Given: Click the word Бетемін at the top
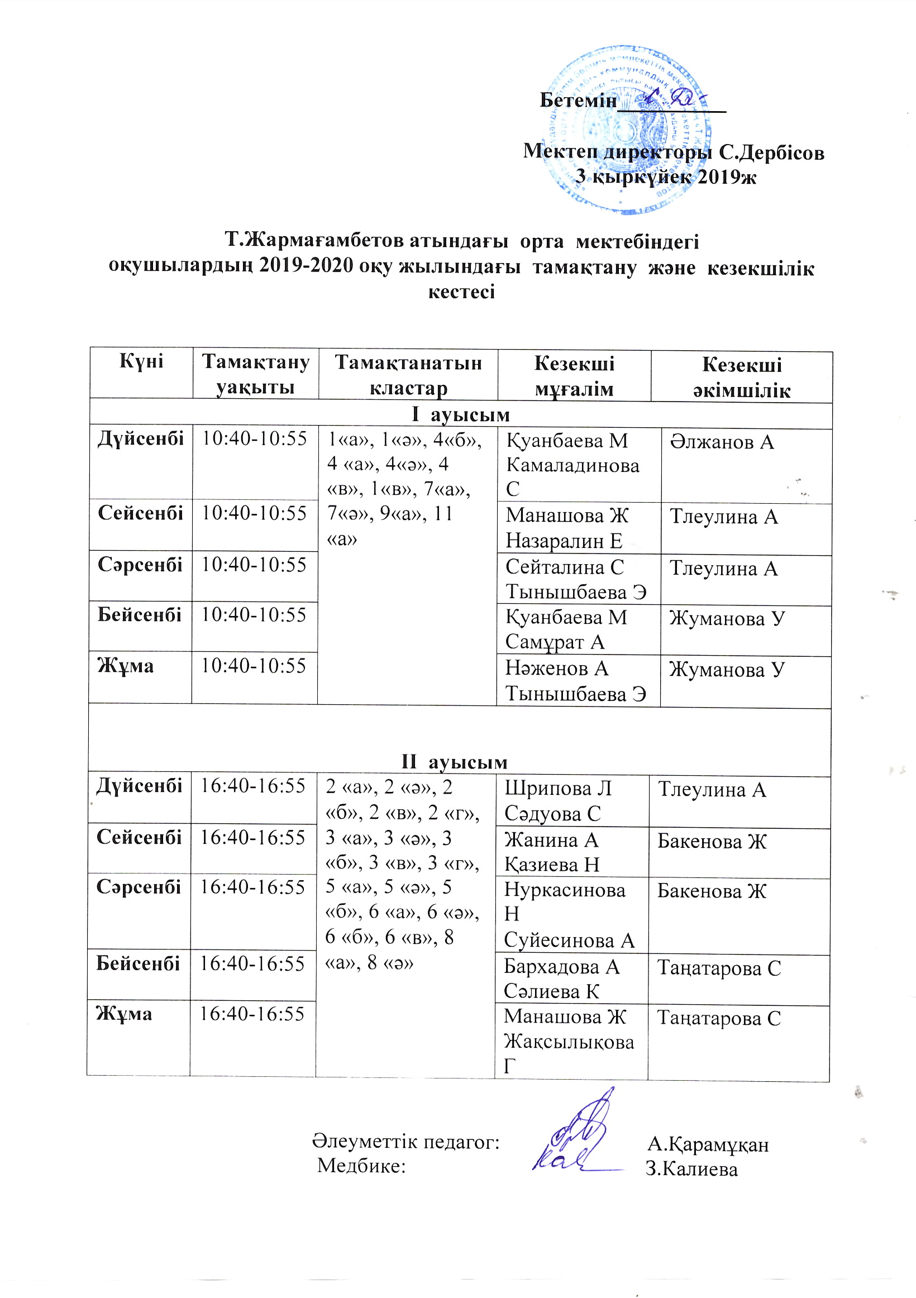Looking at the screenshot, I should click(578, 101).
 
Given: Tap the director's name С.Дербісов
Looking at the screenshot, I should click(771, 152).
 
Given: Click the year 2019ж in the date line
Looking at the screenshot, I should click(727, 178).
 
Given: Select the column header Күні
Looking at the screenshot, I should click(141, 361).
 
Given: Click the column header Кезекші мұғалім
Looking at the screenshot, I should click(574, 376).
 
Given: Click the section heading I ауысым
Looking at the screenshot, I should click(461, 414).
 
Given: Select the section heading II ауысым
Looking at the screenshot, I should click(455, 762).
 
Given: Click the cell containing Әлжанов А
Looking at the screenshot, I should click(722, 442).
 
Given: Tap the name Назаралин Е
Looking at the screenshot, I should click(563, 541).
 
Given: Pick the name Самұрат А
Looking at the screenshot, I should click(555, 642).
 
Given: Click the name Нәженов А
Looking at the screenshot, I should click(556, 669).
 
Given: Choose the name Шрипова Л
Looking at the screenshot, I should click(557, 789).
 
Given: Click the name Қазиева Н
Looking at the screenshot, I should click(551, 865).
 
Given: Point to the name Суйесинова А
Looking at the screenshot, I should click(569, 941).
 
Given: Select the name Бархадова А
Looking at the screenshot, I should click(561, 967).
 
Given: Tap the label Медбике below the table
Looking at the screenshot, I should click(361, 1166).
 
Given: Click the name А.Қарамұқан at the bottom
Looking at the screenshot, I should click(708, 1144).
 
